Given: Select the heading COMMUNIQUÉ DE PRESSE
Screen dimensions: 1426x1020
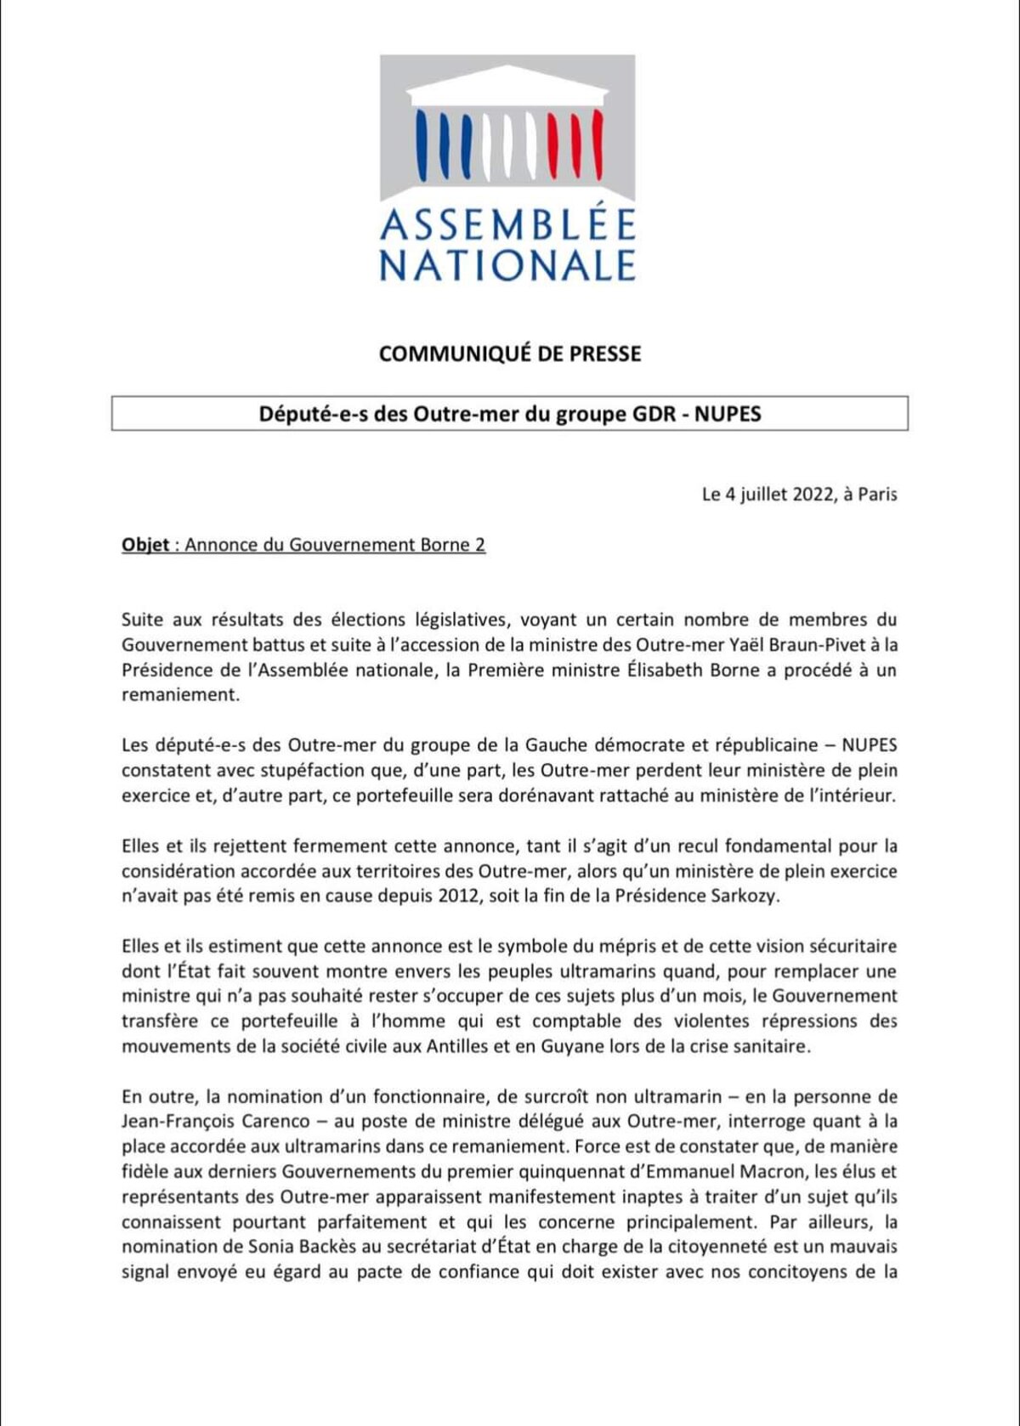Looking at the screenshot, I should pyautogui.click(x=510, y=354).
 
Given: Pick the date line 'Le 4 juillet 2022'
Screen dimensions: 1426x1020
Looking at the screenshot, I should pyautogui.click(x=768, y=494).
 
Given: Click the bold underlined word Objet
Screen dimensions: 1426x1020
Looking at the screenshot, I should pyautogui.click(x=145, y=545).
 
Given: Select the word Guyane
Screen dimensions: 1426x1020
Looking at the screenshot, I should pyautogui.click(x=552, y=1046).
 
